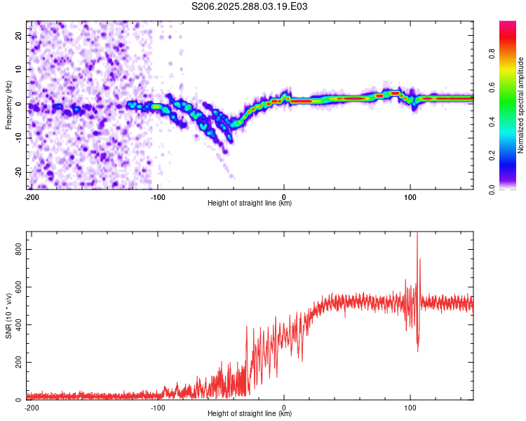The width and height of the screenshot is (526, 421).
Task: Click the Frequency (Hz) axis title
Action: (8, 105)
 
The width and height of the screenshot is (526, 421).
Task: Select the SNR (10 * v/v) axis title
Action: (8, 316)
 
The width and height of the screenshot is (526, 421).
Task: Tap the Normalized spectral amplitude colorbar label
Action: (520, 105)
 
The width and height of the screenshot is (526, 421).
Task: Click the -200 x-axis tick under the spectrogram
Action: (31, 197)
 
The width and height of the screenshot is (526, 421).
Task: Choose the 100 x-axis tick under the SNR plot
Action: (410, 408)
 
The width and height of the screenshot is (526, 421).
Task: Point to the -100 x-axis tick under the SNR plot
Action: (157, 408)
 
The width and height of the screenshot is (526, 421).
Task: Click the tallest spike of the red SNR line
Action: (417, 234)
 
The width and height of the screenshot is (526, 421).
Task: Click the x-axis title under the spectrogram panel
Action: (250, 203)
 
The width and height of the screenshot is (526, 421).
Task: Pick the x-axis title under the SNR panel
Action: (250, 414)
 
